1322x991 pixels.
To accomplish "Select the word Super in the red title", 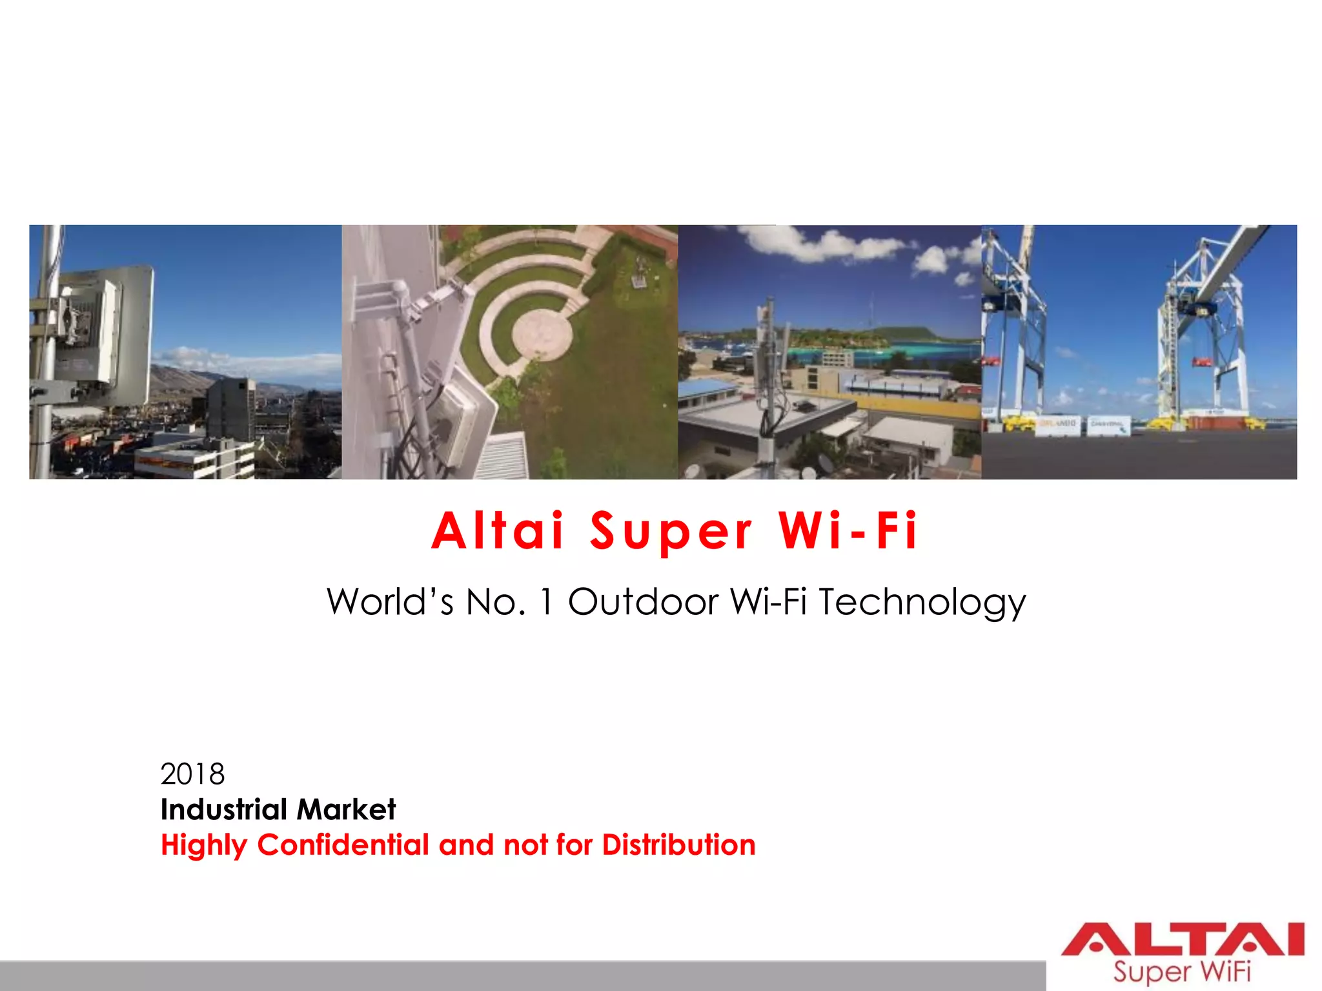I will pos(671,532).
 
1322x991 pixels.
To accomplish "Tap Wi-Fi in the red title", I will pos(848,531).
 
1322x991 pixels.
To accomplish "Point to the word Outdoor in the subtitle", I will pos(642,602).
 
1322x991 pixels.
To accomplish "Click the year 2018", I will pos(192,774).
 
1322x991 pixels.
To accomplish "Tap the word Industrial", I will pos(224,809).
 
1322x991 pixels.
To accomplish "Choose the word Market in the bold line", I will pos(347,809).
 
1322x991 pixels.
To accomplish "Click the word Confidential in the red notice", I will pos(343,845).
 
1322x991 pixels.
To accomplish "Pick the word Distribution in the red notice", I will pos(678,845).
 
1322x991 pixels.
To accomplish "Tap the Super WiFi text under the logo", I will pos(1182,972).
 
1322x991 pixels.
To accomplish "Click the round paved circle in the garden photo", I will pos(542,335).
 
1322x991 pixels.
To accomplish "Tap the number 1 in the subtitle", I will pos(547,602).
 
